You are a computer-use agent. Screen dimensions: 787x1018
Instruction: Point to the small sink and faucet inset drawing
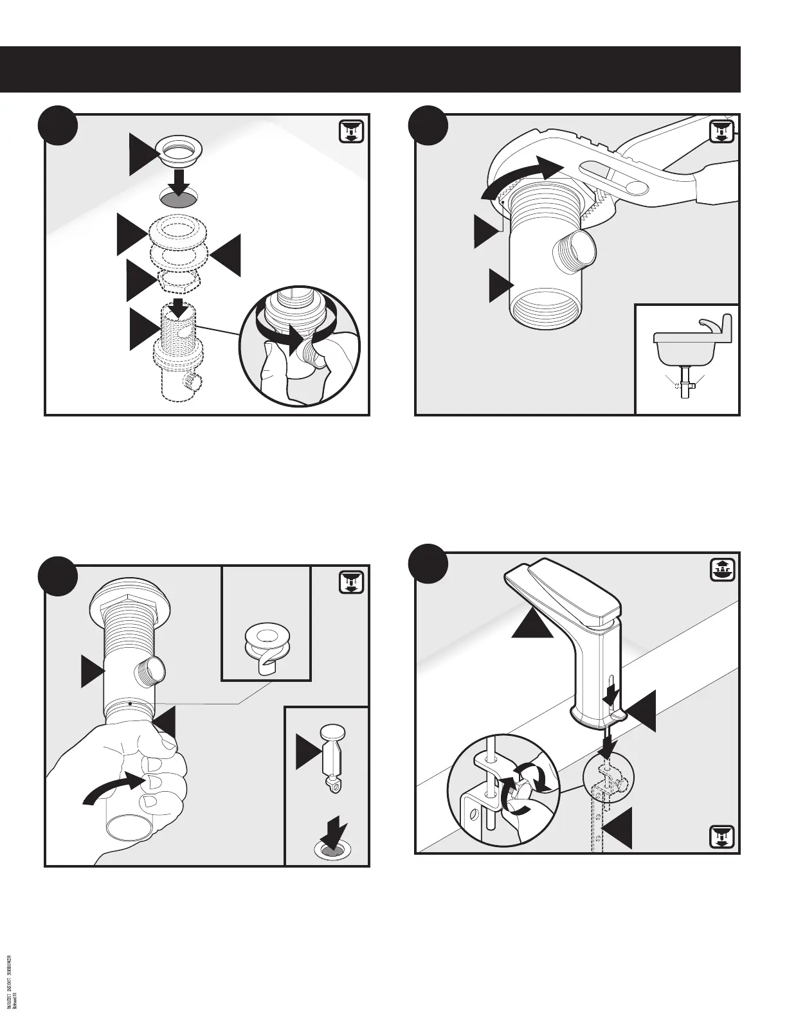click(687, 357)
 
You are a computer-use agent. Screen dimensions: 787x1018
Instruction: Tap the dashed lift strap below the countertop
click(599, 823)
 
